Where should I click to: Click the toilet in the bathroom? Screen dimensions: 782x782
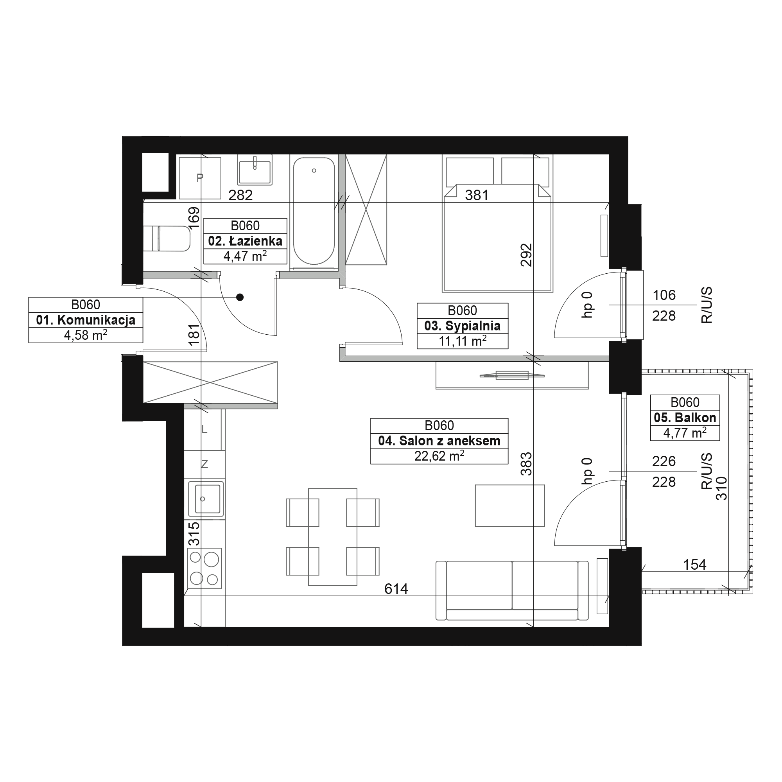167,239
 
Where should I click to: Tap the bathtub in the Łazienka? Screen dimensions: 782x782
314,211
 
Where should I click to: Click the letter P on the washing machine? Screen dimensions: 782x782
199,177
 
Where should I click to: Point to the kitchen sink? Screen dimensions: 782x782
206,499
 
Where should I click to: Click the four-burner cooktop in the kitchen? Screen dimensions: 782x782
204,568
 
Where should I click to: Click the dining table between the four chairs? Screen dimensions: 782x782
333,537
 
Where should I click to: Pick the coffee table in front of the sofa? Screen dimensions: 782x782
509,506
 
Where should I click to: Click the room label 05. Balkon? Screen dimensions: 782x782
685,417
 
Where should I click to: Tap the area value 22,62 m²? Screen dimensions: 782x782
439,456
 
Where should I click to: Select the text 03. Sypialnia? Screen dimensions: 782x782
462,326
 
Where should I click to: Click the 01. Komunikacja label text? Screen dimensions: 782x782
85,320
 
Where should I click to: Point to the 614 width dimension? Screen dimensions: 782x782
396,588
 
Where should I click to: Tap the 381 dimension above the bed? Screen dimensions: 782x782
477,195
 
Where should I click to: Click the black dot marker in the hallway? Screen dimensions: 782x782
240,298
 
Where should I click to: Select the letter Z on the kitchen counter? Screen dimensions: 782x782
204,464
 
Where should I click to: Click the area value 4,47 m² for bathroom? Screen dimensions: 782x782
245,256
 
